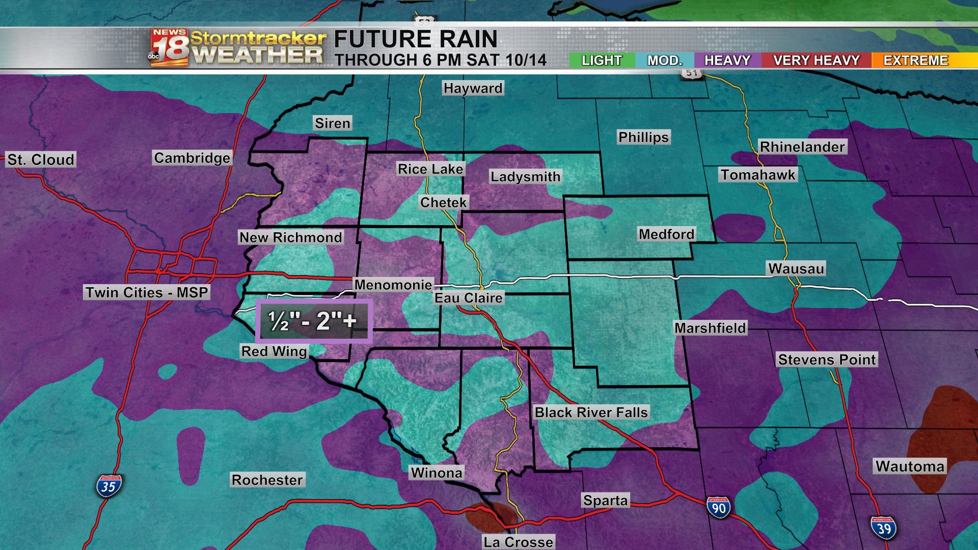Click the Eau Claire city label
(468, 298)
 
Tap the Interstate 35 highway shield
(108, 486)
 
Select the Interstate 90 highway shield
(718, 508)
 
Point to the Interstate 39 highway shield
(884, 528)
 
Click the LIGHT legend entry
(602, 61)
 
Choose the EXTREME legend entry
(915, 61)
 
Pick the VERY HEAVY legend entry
(816, 61)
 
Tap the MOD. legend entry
(664, 61)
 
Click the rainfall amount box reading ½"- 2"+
(314, 321)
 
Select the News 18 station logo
(169, 47)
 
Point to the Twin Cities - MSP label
(147, 292)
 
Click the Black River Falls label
(591, 412)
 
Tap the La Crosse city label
(518, 542)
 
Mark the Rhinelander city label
(802, 147)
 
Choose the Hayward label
(473, 88)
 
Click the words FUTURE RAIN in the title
(415, 39)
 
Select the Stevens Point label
(827, 360)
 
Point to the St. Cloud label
(41, 159)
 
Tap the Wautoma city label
(910, 466)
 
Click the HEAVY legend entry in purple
(727, 61)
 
